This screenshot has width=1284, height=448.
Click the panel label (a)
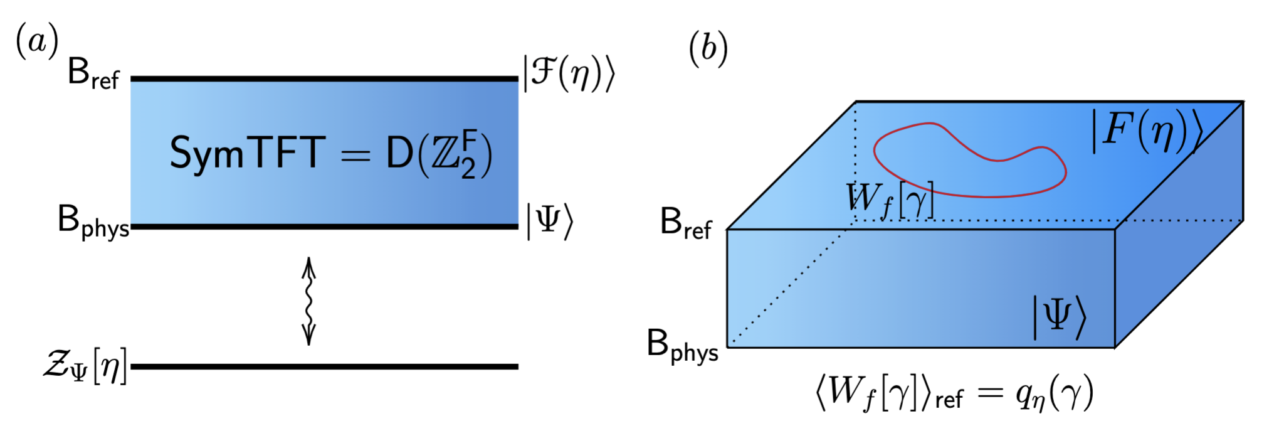[x=37, y=41]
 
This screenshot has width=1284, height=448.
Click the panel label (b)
[x=708, y=48]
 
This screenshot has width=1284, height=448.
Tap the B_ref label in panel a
[x=93, y=75]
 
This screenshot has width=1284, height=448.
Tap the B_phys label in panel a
[x=93, y=222]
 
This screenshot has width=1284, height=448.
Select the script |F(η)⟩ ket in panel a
[x=569, y=74]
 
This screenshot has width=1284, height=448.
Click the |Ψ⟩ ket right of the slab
[x=549, y=221]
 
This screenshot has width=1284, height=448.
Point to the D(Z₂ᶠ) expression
[x=439, y=154]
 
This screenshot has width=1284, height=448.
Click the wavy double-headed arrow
[x=308, y=301]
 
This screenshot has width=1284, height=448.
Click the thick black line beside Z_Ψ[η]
[x=324, y=366]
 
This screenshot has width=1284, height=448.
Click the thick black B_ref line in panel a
[x=324, y=79]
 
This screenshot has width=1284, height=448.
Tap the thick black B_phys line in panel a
[x=324, y=226]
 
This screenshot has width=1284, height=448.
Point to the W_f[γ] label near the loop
[x=890, y=200]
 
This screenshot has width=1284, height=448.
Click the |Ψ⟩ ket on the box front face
[x=1059, y=317]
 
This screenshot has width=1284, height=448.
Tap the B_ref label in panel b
[x=686, y=223]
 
